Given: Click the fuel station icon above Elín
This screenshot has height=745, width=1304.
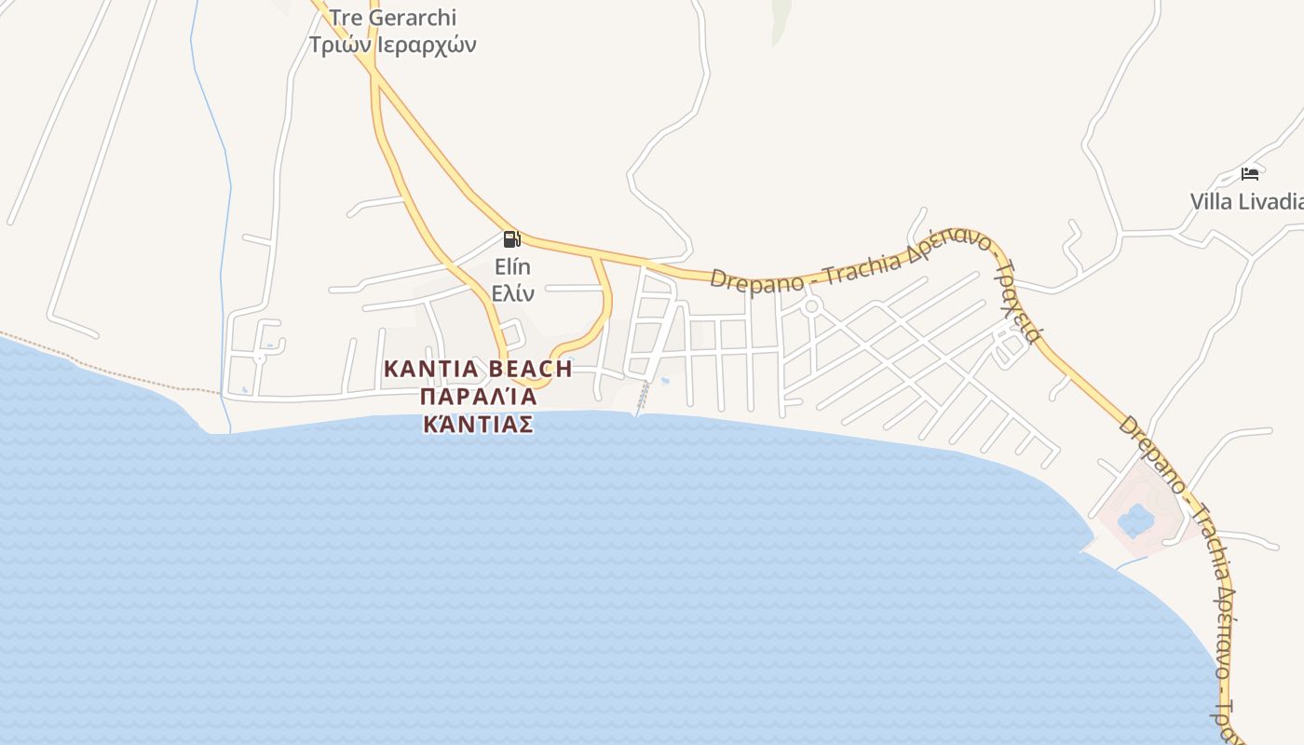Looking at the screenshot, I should (x=511, y=239).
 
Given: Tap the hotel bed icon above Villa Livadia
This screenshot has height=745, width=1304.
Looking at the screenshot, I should (x=1250, y=173).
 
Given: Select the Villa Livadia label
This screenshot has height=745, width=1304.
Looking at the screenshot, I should (x=1246, y=201).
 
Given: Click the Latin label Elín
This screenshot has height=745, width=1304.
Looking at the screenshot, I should (x=513, y=267).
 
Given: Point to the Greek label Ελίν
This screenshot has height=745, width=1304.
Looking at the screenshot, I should (x=513, y=293).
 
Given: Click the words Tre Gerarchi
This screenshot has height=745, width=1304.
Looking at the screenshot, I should (x=392, y=18).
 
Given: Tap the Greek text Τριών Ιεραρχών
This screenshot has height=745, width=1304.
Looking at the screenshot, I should (x=392, y=44).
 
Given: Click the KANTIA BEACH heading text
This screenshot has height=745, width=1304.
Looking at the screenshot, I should (x=478, y=369).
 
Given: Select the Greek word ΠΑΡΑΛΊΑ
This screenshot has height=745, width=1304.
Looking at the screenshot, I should (x=478, y=397).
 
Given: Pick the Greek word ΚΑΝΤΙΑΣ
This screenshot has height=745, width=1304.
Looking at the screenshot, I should (x=478, y=425).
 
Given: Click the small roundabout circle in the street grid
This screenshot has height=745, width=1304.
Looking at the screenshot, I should (x=811, y=306).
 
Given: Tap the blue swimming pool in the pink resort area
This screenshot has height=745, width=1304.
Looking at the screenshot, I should (x=1136, y=520).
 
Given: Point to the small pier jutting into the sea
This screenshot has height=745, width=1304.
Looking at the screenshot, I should (x=642, y=400).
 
